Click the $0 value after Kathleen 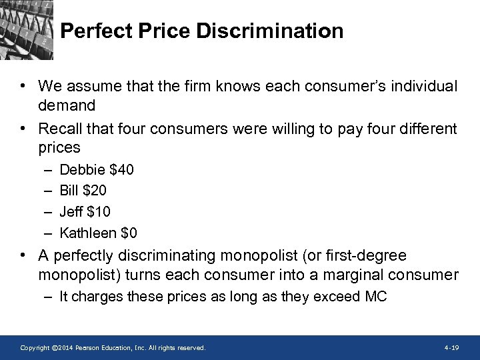(x=129, y=233)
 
